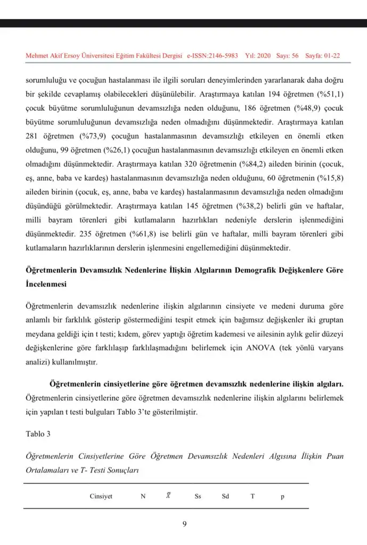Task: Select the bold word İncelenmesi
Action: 46,284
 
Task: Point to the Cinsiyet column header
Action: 101,497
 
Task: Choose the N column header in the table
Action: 143,497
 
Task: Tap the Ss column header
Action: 198,497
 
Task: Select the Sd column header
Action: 225,497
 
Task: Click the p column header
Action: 282,497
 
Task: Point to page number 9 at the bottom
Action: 184,524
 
